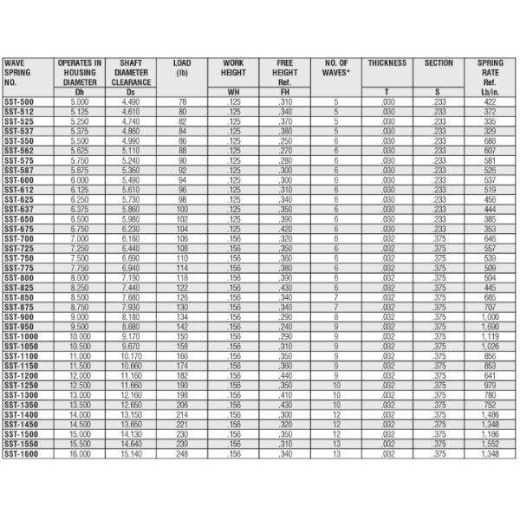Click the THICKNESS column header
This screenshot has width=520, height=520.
387,63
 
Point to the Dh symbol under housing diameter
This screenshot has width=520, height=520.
80,92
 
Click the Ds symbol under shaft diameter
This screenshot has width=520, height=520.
131,92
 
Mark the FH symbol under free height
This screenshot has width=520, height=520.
285,92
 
